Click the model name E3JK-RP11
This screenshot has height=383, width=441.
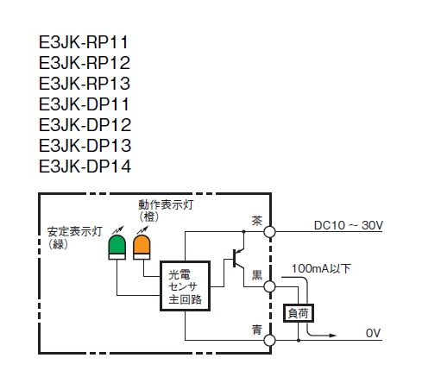click(x=84, y=42)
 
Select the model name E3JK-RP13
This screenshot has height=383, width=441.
click(x=85, y=84)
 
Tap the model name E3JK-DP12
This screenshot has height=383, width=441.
click(x=85, y=125)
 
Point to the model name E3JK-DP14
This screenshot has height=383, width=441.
click(x=85, y=166)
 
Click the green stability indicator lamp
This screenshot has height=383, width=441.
click(x=117, y=247)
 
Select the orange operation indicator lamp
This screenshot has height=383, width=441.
click(x=142, y=247)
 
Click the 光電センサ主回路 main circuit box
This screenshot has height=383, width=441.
click(x=185, y=286)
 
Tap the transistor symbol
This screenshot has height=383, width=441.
click(x=238, y=259)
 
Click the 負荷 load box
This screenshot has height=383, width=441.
click(x=299, y=313)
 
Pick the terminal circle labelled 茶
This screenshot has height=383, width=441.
click(x=269, y=232)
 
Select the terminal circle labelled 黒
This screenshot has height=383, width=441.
click(x=269, y=286)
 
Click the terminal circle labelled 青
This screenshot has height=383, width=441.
click(x=269, y=341)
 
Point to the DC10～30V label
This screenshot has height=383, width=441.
click(x=349, y=225)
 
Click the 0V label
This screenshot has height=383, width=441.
click(x=373, y=333)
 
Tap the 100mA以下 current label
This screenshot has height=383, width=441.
click(x=321, y=268)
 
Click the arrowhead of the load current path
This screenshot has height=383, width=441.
click(x=332, y=336)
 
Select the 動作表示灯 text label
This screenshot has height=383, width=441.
click(x=166, y=204)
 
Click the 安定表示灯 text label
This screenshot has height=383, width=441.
click(x=75, y=232)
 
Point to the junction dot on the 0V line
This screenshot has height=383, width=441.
click(x=299, y=341)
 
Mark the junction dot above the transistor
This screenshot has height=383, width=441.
click(x=243, y=231)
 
